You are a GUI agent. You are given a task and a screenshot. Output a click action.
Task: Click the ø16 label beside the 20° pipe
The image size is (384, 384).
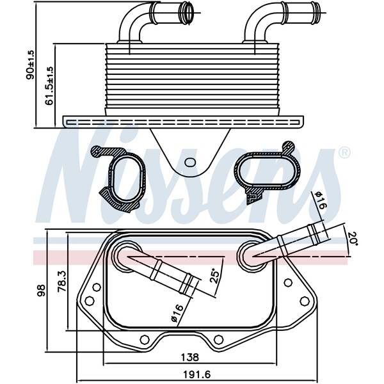pyautogui.click(x=319, y=202)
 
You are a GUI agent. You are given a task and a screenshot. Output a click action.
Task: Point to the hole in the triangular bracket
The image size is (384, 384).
pyautogui.click(x=190, y=162)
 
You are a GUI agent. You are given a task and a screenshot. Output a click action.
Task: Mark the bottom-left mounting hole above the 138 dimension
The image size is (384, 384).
pyautogui.click(x=142, y=340)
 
